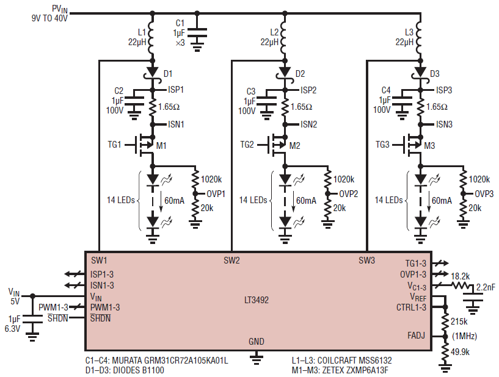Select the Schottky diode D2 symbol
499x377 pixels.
tap(285, 73)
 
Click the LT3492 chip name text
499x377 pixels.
tap(257, 300)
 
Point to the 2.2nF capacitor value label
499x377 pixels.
tap(486, 287)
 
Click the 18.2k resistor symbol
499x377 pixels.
tap(461, 285)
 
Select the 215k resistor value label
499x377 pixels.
tap(459, 321)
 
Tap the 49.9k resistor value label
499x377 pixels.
tap(460, 352)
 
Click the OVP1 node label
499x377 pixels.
tap(216, 193)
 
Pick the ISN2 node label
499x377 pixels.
tap(308, 124)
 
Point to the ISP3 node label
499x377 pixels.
tap(444, 90)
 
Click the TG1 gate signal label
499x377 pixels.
tap(115, 145)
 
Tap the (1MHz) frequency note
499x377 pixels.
tap(464, 336)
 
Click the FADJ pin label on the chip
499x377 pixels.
tap(417, 336)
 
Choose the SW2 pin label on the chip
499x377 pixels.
tap(231, 260)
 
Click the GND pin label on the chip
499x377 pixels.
tap(257, 342)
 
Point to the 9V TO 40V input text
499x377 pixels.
tap(49, 18)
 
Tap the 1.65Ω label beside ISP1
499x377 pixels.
tap(169, 107)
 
